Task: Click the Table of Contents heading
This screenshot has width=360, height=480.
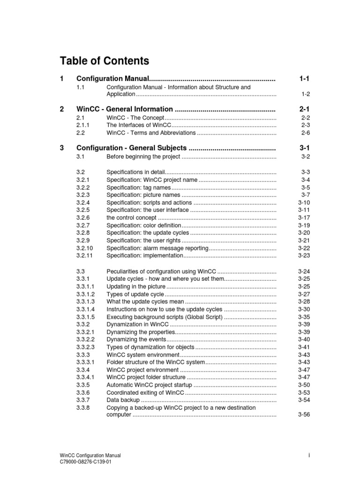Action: tap(105, 61)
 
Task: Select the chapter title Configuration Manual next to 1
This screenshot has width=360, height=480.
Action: tap(112, 79)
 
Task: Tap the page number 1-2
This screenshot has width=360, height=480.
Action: tap(305, 94)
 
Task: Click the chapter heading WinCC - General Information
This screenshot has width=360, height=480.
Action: tap(125, 109)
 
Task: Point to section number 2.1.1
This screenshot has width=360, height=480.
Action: tap(83, 125)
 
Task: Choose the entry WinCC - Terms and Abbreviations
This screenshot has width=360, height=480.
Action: tap(150, 133)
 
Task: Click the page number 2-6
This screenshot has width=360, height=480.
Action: tap(305, 133)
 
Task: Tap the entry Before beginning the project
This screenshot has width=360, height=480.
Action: tap(143, 156)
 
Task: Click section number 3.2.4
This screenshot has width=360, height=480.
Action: tap(83, 202)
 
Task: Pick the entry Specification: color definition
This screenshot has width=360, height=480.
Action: tap(143, 225)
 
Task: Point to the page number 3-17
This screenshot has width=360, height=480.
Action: tap(304, 217)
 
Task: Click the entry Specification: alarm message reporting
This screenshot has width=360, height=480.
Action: tap(157, 248)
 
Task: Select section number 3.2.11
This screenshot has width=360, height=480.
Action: tap(84, 256)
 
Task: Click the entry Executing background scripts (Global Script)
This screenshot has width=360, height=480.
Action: tap(165, 317)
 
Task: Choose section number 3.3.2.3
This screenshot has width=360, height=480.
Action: tap(86, 347)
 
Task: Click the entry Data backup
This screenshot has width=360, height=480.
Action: tap(123, 400)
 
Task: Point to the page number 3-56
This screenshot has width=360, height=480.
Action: tap(304, 415)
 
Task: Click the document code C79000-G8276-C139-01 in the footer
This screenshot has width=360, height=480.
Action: tap(85, 462)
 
